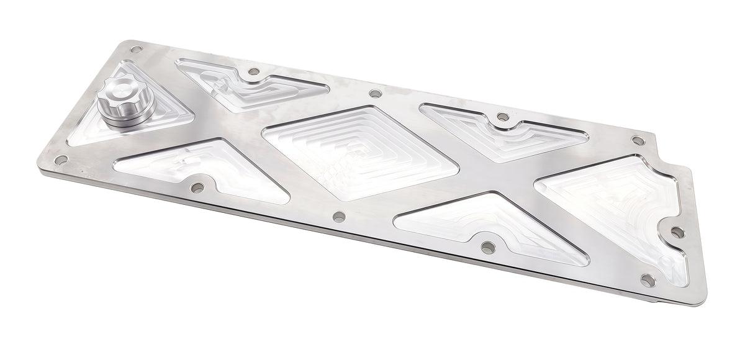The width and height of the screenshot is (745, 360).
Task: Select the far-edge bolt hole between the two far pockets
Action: (x=374, y=94)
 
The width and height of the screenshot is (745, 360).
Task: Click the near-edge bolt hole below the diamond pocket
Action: (x=338, y=217)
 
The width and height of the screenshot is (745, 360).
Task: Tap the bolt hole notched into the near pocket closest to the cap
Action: (x=198, y=186)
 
